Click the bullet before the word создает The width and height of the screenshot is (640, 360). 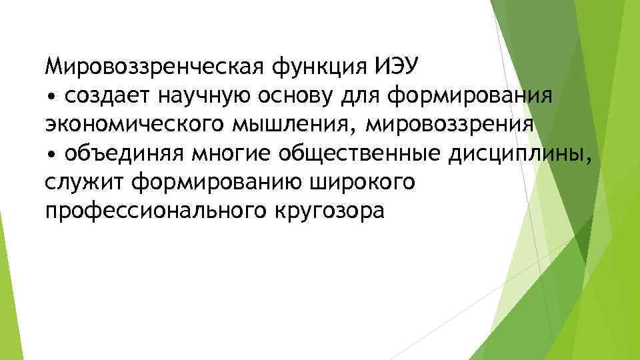pyautogui.click(x=53, y=97)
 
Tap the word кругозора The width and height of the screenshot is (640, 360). pyautogui.click(x=329, y=211)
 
